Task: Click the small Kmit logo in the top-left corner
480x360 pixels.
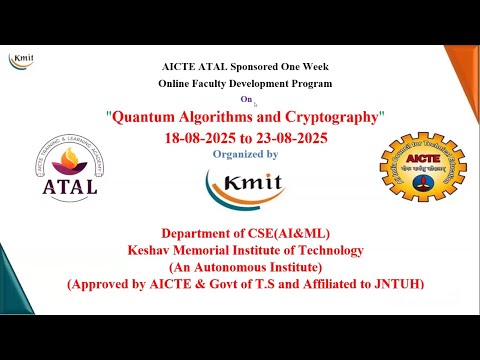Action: coord(22,58)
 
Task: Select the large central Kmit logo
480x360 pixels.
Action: coord(243,185)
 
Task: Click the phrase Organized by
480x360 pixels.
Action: coord(246,154)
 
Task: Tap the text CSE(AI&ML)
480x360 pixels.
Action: coord(282,233)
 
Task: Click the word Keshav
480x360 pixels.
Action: coord(153,250)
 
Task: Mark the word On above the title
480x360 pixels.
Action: coord(246,100)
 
